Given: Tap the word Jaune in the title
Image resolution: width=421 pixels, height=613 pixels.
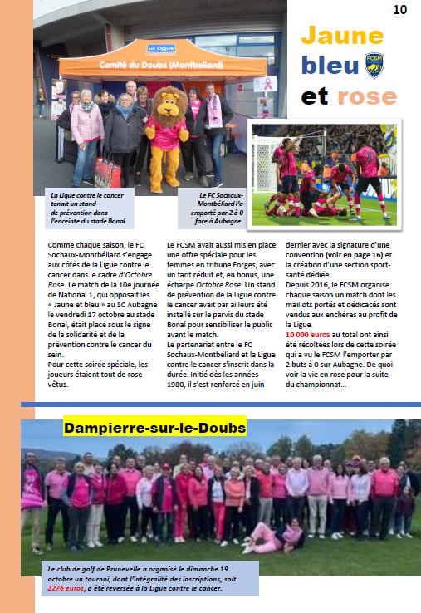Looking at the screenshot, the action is (341, 36).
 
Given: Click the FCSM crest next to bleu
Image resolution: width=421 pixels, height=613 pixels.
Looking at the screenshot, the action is (374, 64).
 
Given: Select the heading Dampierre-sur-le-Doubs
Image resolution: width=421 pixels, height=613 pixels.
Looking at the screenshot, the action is (154, 428).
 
